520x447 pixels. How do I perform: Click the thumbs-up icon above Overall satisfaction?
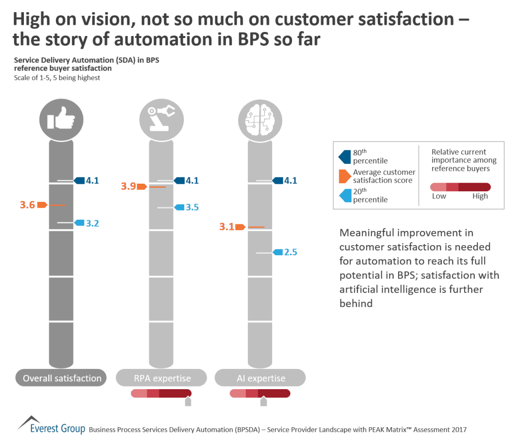(61, 120)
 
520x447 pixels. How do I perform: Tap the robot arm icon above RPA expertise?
(160, 120)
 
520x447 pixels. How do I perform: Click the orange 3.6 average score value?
(27, 205)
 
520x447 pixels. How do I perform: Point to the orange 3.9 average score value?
(128, 187)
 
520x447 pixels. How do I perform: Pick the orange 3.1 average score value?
(226, 227)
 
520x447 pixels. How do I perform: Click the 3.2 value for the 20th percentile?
(92, 223)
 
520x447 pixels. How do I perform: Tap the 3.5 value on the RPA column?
(192, 208)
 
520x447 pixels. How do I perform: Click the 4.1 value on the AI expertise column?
(291, 181)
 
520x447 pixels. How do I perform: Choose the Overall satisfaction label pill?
(62, 378)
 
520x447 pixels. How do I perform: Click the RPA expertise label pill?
(161, 378)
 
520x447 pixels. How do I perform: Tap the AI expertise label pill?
(260, 378)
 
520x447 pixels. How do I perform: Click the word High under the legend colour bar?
(480, 196)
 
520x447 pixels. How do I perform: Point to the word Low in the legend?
(439, 196)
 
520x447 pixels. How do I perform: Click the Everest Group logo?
(51, 426)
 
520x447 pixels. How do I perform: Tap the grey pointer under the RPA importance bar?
(188, 402)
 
